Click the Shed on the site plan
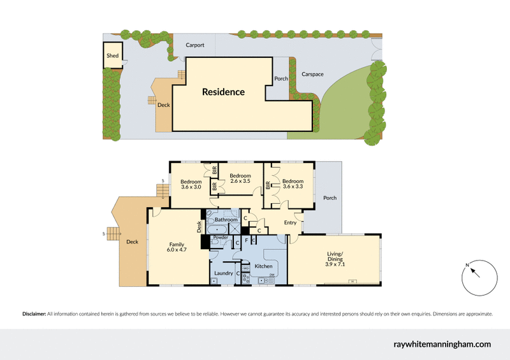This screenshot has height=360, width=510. point(113,55)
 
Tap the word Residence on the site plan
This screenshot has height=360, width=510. point(223,92)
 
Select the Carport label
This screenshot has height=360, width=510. point(195,45)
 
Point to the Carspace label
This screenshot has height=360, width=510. point(312,74)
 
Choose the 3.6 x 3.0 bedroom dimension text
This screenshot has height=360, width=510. point(191,187)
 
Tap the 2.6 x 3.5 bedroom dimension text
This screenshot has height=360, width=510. point(240,182)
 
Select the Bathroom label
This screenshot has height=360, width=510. point(226,220)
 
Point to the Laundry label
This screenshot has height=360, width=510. point(223,273)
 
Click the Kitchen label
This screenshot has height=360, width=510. point(264,266)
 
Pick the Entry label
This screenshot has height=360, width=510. point(290,222)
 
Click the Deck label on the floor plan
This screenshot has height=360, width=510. point(132,241)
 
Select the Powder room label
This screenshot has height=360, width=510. point(221,237)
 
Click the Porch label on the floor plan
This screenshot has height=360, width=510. point(330,198)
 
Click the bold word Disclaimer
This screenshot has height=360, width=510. point(34,313)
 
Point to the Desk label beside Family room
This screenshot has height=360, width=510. point(199,226)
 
